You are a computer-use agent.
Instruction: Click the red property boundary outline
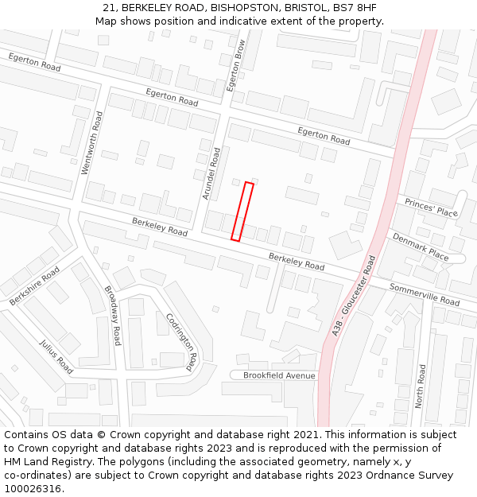(x=242, y=212)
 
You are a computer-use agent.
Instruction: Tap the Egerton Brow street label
(x=237, y=66)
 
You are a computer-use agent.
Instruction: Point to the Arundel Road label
(x=208, y=173)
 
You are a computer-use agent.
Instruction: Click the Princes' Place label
(x=431, y=207)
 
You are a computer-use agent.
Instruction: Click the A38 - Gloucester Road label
(x=353, y=295)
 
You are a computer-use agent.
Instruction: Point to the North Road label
(x=419, y=386)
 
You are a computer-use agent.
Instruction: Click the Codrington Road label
(x=182, y=342)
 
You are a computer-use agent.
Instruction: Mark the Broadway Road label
(x=112, y=315)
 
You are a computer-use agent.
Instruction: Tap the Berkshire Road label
(x=34, y=287)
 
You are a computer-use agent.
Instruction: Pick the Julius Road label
(x=56, y=356)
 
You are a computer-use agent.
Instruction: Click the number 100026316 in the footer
(x=33, y=488)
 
